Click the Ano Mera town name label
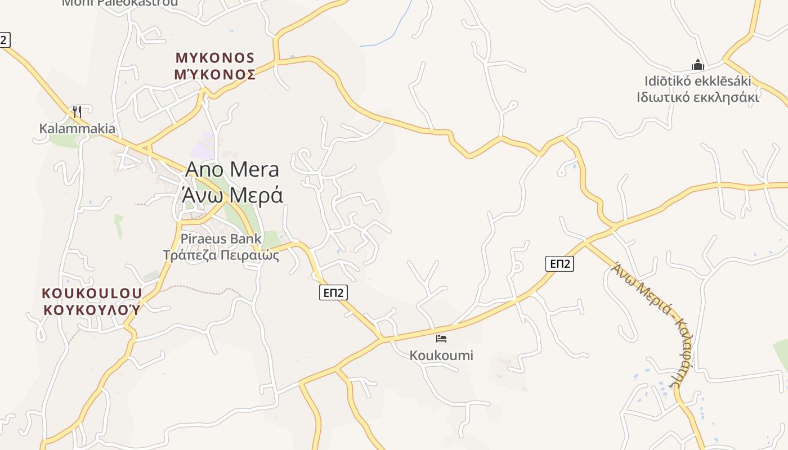tap(232, 169)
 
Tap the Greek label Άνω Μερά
tap(232, 195)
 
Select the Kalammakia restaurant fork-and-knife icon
tap(77, 111)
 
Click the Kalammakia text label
tap(77, 129)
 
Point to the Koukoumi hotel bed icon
tap(441, 339)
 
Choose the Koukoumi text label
tap(441, 355)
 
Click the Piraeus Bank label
tap(221, 238)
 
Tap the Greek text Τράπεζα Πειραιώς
tap(221, 255)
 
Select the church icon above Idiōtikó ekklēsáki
tap(698, 65)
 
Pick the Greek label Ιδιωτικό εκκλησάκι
tap(698, 97)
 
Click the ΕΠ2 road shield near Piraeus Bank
tap(333, 292)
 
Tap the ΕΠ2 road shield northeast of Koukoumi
tap(559, 264)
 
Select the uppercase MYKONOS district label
tap(216, 58)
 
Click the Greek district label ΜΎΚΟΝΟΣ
tap(216, 74)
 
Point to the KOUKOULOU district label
tap(92, 294)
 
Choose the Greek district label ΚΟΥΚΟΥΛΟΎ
tap(92, 309)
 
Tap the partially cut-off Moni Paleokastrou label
tap(120, 3)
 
